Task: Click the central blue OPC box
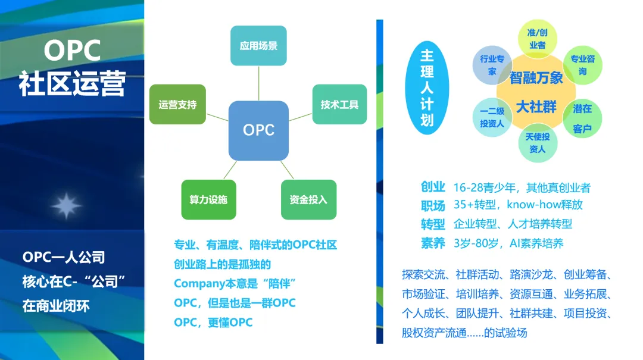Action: tap(258, 130)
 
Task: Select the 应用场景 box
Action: tap(258, 46)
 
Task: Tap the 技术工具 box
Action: tap(339, 105)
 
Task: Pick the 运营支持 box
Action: tap(177, 105)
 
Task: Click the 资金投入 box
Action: tap(308, 199)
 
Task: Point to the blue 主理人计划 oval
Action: tap(427, 87)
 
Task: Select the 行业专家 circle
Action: tap(492, 65)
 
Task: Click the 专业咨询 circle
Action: tap(582, 65)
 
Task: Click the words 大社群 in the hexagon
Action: tap(536, 107)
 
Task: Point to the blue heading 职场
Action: tap(433, 205)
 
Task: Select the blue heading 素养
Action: tap(433, 243)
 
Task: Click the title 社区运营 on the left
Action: tap(72, 84)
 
